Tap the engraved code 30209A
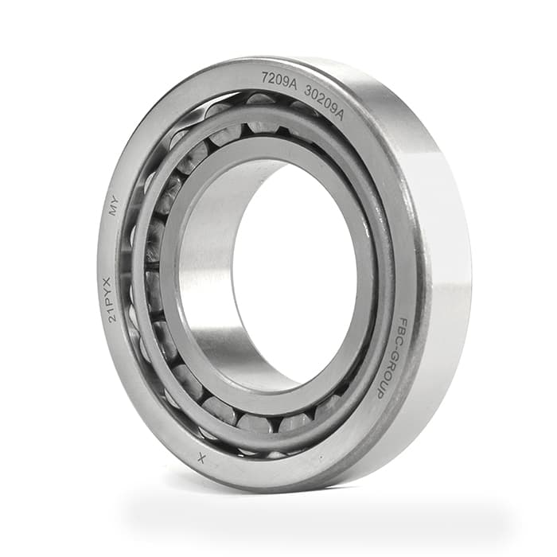pyautogui.click(x=325, y=102)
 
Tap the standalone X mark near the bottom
pyautogui.click(x=201, y=459)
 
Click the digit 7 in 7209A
pyautogui.click(x=265, y=76)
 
